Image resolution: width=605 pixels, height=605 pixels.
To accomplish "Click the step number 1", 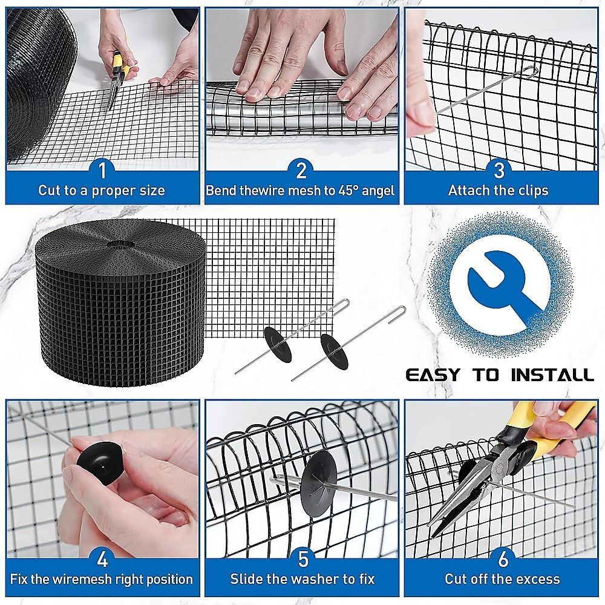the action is click(102, 170).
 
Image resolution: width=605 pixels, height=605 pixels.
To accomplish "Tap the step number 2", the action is click(301, 170).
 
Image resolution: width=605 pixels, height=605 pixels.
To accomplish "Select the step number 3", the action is click(499, 170).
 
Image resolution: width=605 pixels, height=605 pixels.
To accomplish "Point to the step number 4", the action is click(102, 559).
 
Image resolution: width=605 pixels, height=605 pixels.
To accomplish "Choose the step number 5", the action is click(303, 559).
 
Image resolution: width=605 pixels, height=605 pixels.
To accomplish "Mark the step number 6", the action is click(503, 559).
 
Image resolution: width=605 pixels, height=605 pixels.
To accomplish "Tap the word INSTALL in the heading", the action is click(552, 375).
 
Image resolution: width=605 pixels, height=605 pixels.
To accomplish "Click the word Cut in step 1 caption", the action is click(48, 191).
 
